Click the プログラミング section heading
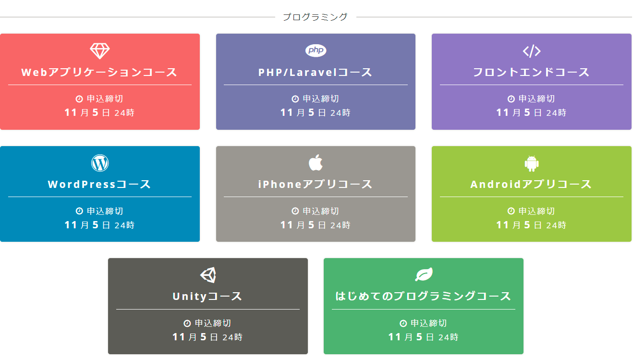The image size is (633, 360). coord(315,17)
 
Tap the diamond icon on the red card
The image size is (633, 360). coord(100,51)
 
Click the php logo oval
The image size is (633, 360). coord(316,50)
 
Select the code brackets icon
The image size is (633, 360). coord(532,51)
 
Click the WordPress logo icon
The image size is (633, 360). coord(100,163)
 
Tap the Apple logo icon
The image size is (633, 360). coord(316,162)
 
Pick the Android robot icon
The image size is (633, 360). coord(532,163)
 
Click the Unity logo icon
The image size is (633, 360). coord(208,275)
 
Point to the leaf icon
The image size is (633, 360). coord(424,274)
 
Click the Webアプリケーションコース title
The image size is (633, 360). coord(99,72)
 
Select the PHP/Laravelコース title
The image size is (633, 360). coord(316,72)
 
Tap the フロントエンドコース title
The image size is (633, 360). coord(531,72)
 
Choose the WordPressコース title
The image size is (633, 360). coord(99,185)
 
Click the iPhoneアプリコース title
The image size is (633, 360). coord(316,185)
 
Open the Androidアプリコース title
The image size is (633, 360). coord(531,185)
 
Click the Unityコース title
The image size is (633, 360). coord(207,297)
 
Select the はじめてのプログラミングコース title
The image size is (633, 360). coord(423,297)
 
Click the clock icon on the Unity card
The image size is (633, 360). coord(187,323)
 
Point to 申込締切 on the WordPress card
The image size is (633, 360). coord(105,211)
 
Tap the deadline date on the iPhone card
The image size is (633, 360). coord(316,225)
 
